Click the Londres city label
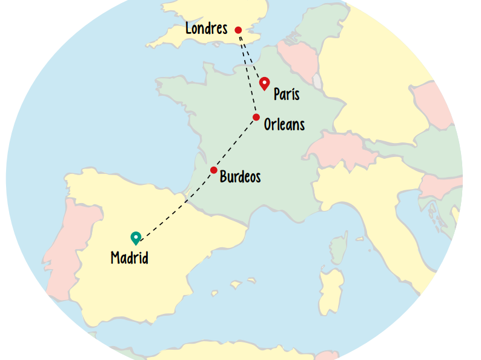pyautogui.click(x=206, y=28)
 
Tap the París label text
pyautogui.click(x=286, y=95)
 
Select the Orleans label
pyautogui.click(x=284, y=125)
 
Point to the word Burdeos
pyautogui.click(x=240, y=177)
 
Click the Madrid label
pyautogui.click(x=129, y=258)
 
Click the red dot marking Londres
pyautogui.click(x=238, y=30)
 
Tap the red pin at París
pyautogui.click(x=264, y=83)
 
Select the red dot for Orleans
pyautogui.click(x=256, y=117)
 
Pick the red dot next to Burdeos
pyautogui.click(x=214, y=170)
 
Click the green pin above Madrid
pyautogui.click(x=136, y=238)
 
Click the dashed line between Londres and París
pyautogui.click(x=251, y=56)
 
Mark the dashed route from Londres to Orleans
pyautogui.click(x=248, y=73)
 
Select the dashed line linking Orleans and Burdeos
pyautogui.click(x=235, y=144)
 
